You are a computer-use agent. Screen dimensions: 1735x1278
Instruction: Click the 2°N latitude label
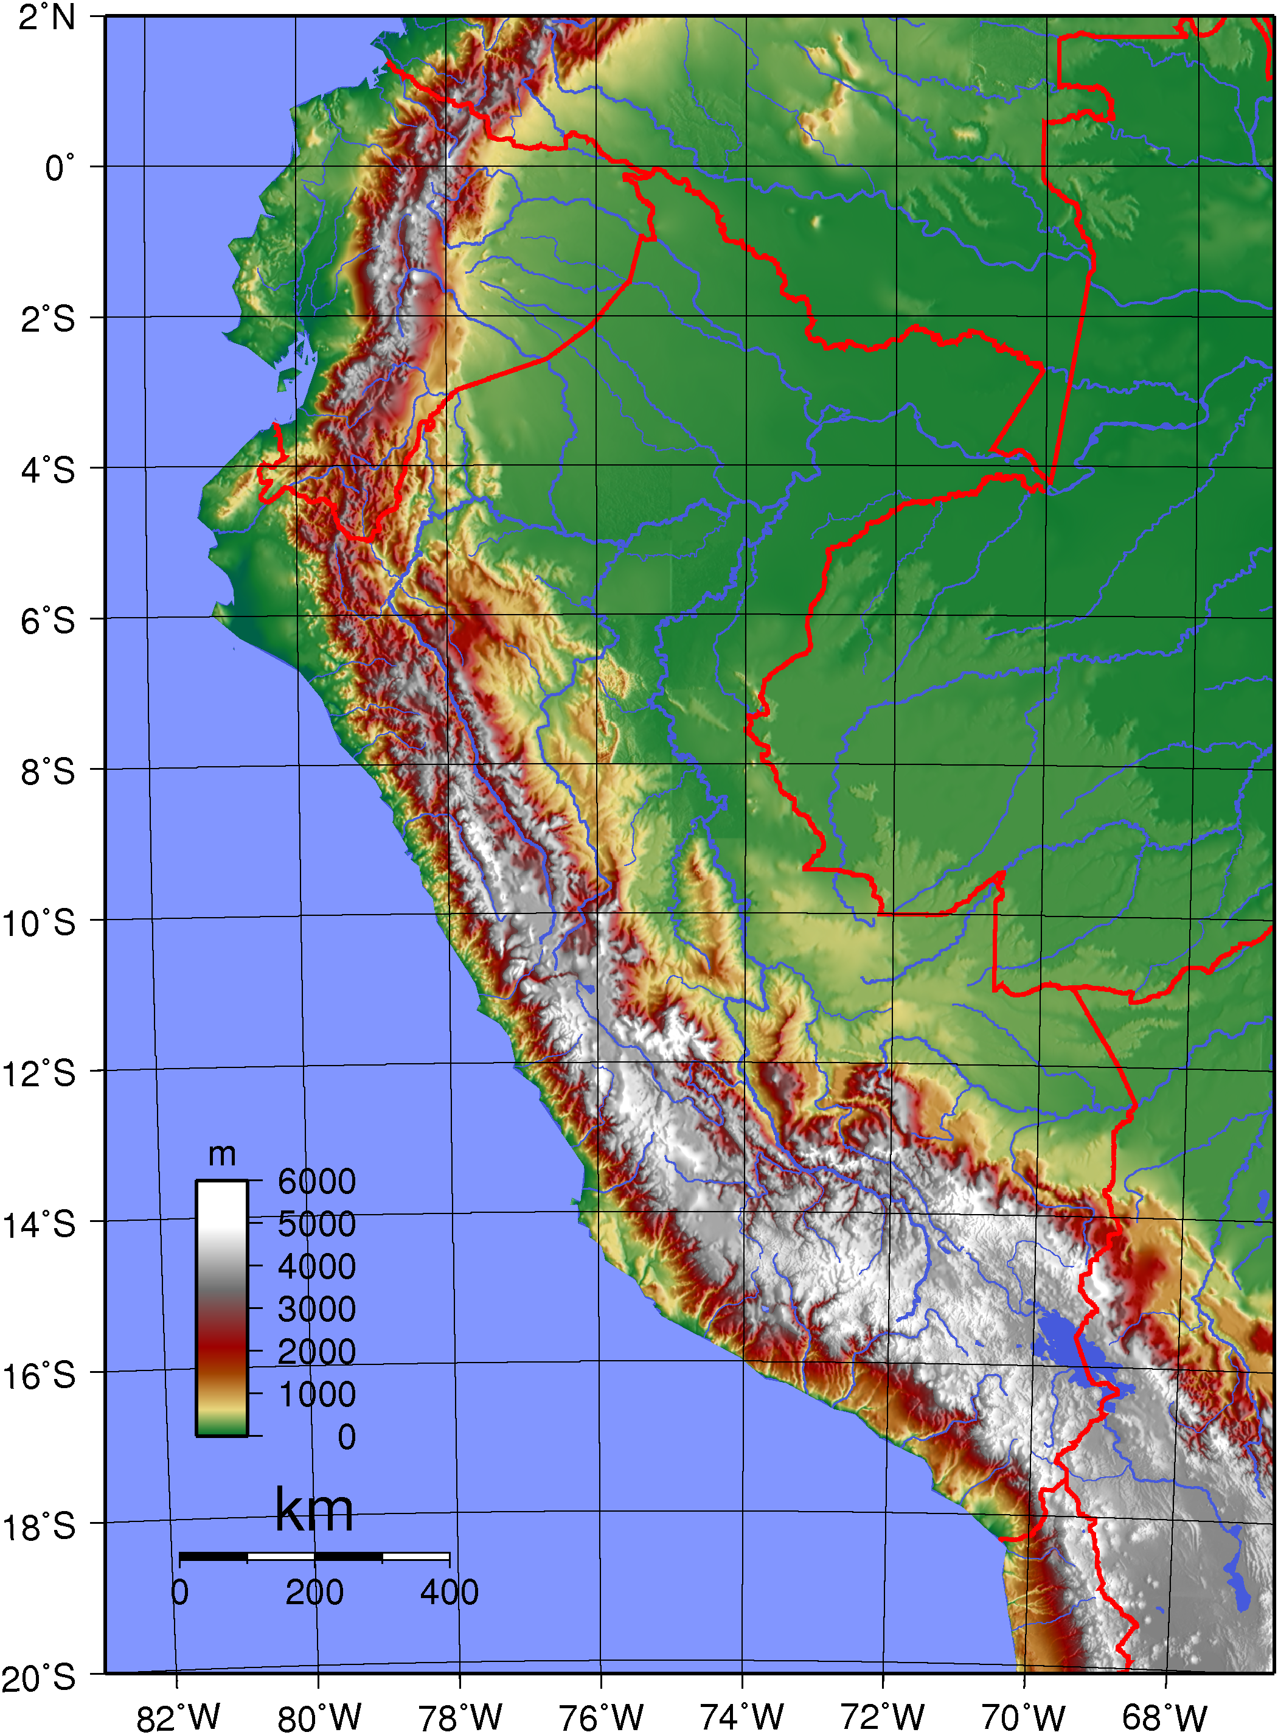tap(47, 17)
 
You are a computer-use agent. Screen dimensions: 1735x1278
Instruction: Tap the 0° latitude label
tap(60, 168)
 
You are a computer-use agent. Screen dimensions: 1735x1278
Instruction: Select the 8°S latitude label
tap(47, 772)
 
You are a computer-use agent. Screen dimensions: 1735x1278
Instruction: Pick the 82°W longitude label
tap(178, 1718)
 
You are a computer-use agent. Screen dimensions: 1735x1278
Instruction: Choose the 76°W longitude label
tap(601, 1718)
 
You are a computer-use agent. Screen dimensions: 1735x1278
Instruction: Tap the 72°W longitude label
tap(883, 1718)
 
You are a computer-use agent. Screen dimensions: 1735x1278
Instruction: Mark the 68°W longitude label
tap(1164, 1718)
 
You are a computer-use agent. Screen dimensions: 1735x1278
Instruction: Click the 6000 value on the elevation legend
tap(316, 1182)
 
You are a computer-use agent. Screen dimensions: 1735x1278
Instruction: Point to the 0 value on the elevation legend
tap(347, 1437)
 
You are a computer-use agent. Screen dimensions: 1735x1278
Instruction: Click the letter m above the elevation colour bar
tap(222, 1154)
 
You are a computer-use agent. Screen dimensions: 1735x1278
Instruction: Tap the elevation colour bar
tap(222, 1308)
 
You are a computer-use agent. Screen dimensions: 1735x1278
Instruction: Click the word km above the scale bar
tap(314, 1510)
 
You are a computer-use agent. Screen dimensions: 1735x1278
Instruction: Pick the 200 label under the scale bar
tap(314, 1593)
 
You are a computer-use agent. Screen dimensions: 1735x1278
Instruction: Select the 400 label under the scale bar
tap(450, 1593)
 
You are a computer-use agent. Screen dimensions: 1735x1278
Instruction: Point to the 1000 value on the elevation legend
tap(316, 1394)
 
